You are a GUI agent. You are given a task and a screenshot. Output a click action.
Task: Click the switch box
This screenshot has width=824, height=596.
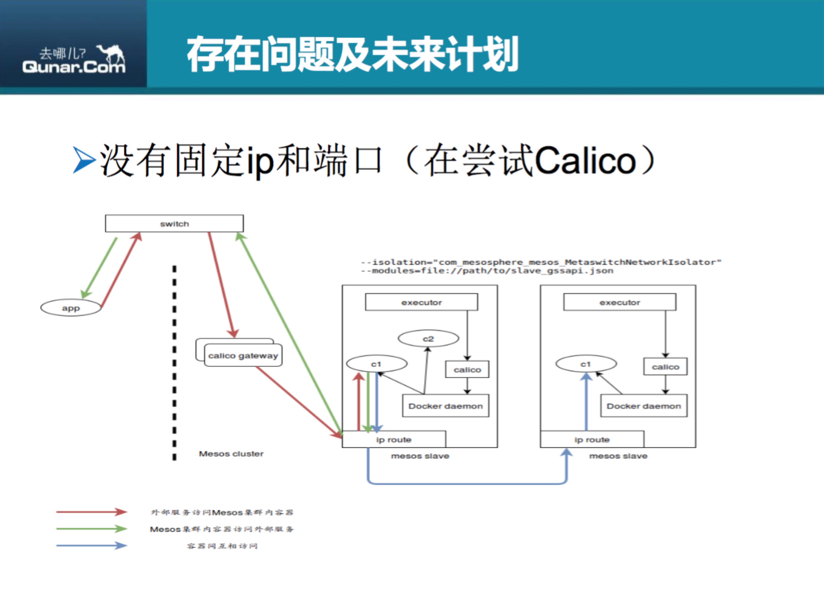(x=174, y=223)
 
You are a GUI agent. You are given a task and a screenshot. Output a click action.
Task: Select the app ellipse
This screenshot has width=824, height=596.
(x=71, y=308)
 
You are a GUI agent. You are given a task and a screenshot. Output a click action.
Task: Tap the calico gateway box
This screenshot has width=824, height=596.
(x=243, y=355)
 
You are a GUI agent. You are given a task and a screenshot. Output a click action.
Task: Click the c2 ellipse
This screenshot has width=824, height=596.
(x=429, y=339)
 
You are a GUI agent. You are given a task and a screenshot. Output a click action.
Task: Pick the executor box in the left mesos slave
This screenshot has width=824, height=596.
(x=422, y=302)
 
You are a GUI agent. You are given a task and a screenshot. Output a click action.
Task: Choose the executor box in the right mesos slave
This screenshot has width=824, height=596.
(x=620, y=302)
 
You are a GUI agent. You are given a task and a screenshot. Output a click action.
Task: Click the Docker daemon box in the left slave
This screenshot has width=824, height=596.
(x=445, y=406)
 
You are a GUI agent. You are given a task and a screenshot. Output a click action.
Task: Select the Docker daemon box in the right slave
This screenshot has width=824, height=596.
(x=644, y=406)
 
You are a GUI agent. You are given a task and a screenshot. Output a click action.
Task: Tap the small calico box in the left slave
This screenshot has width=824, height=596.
(x=467, y=369)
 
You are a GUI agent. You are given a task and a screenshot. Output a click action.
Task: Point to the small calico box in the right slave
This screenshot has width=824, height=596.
(x=666, y=366)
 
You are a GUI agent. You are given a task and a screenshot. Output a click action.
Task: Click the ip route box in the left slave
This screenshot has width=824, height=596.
(x=394, y=439)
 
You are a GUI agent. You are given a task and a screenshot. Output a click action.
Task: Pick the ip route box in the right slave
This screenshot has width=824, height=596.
(x=592, y=439)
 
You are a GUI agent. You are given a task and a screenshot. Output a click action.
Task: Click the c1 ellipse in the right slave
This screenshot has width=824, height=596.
(x=586, y=364)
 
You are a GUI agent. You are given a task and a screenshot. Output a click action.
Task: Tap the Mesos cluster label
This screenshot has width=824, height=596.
(x=231, y=454)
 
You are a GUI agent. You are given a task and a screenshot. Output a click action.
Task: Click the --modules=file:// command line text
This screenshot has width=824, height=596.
(x=487, y=271)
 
